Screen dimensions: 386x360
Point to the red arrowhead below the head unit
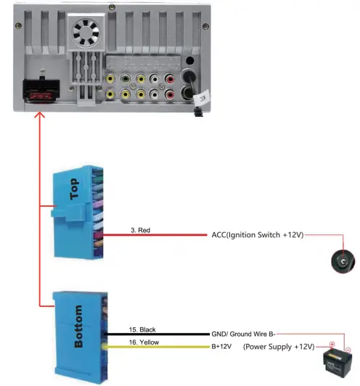[x=41, y=117]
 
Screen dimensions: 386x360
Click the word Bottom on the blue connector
[x=78, y=326]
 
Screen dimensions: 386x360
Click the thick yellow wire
[x=160, y=346]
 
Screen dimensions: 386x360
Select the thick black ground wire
[x=160, y=334]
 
